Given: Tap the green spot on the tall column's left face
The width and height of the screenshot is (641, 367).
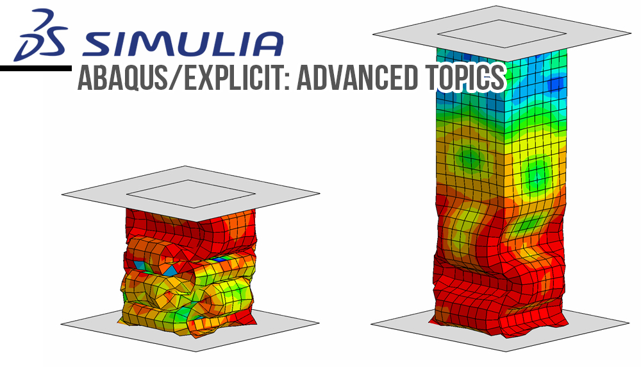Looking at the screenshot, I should [470, 156].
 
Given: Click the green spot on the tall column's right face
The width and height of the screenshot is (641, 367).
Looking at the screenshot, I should [537, 172].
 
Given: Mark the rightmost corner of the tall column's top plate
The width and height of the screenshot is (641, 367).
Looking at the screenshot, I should [631, 33].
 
